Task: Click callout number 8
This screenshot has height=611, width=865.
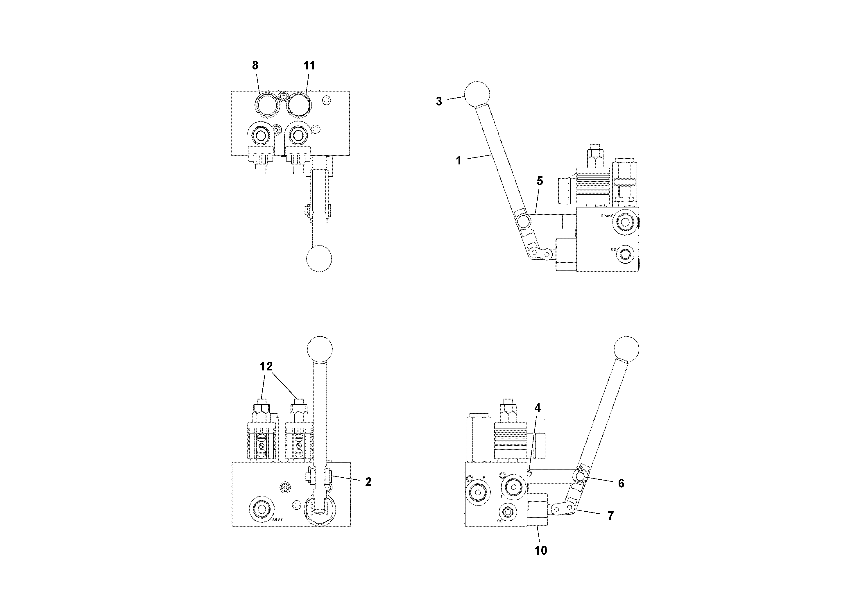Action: (255, 66)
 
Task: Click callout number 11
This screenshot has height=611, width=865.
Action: (309, 66)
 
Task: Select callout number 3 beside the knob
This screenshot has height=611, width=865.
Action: (438, 101)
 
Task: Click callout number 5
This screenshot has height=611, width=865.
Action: (540, 181)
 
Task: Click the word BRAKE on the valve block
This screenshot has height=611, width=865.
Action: (607, 216)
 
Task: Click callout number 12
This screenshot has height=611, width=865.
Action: (266, 366)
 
